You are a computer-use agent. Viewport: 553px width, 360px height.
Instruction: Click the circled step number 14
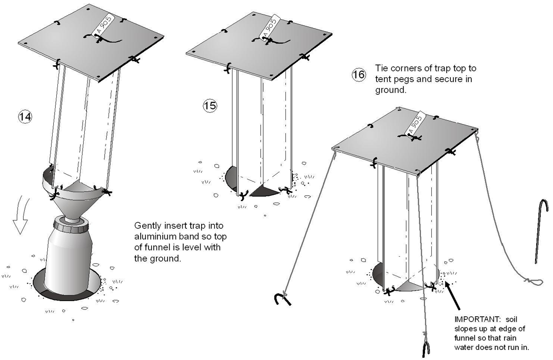pos(24,117)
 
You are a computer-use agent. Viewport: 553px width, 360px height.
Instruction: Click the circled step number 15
pos(210,106)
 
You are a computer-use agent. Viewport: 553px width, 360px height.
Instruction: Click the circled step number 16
pos(358,75)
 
